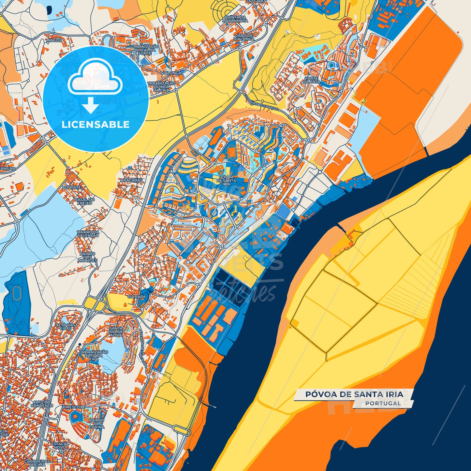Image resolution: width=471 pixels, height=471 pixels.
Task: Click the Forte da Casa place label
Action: pos(312,80)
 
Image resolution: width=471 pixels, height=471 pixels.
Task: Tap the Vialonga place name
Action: pos(171,73)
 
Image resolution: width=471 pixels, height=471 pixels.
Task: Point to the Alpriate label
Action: pos(71,188)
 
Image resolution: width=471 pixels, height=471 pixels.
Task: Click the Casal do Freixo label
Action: pos(85,201)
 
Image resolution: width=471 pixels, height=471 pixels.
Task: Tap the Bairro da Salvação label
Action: pos(88,234)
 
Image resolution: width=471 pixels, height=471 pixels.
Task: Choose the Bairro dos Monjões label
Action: pos(87,257)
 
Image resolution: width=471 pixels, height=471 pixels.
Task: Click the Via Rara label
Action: pos(136,297)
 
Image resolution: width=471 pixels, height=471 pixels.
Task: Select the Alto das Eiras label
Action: pos(66,327)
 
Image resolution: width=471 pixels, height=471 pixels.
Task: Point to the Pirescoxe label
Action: pos(74,407)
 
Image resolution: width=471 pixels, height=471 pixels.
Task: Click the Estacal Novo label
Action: pos(60,446)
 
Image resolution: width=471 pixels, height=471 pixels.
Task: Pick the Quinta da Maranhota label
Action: pos(235,19)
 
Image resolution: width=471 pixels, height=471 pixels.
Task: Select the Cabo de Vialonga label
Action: pos(244,37)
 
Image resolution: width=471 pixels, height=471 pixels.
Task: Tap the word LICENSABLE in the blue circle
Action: pos(96,125)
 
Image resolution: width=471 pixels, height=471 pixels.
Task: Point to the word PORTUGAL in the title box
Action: pos(383,403)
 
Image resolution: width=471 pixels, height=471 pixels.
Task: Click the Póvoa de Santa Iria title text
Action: pos(354,394)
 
